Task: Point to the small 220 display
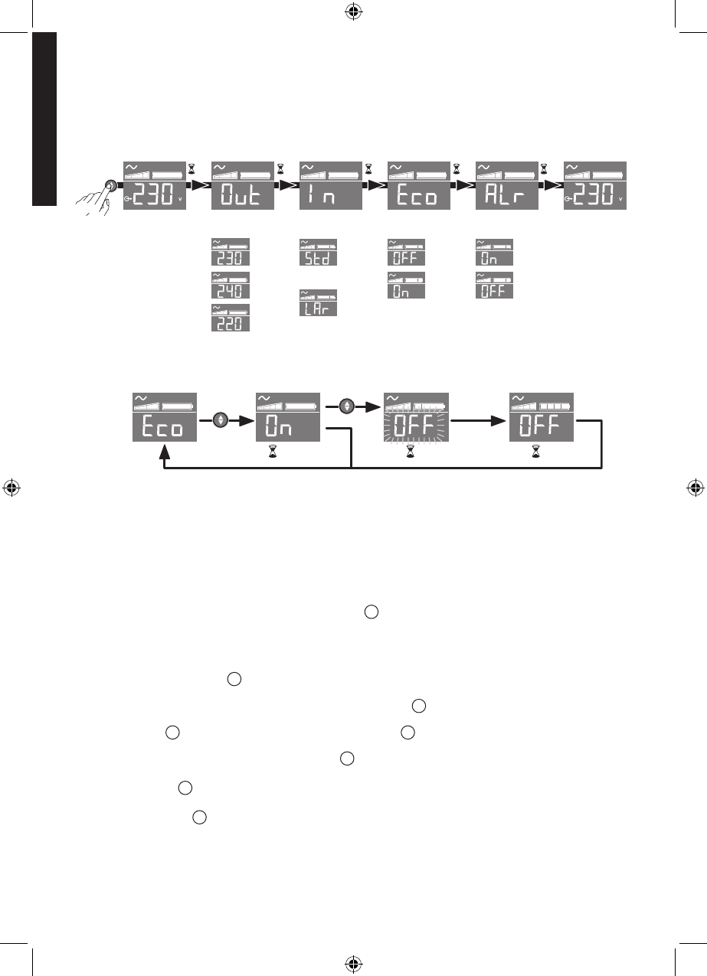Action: pyautogui.click(x=231, y=318)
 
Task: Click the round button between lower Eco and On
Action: pyautogui.click(x=222, y=420)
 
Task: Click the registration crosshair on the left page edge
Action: pyautogui.click(x=11, y=488)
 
